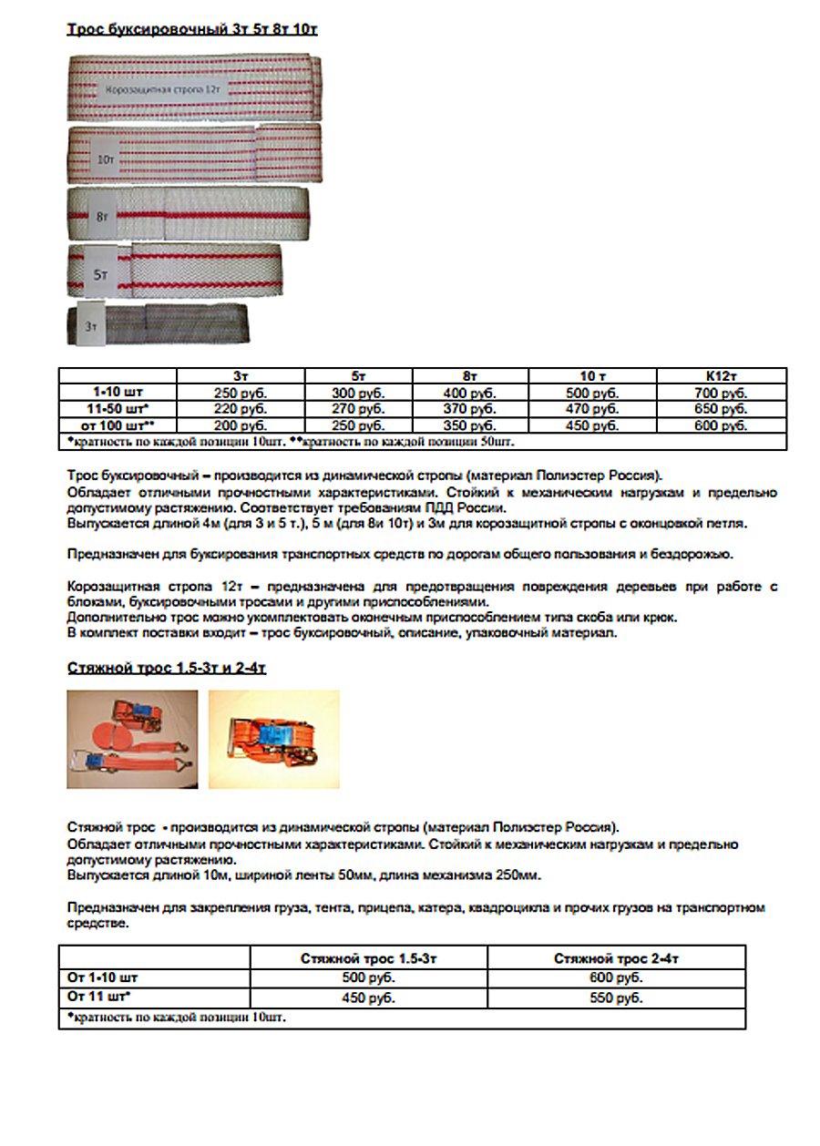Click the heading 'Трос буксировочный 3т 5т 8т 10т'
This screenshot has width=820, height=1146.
tap(192, 30)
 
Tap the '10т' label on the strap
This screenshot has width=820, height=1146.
tap(107, 159)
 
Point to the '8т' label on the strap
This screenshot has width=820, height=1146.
tap(100, 217)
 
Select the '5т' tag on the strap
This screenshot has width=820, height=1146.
tap(102, 272)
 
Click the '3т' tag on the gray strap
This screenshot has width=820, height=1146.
tap(90, 325)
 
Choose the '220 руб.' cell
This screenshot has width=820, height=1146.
tap(241, 409)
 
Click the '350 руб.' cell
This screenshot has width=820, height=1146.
tap(470, 425)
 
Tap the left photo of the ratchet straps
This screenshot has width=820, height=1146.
tap(132, 739)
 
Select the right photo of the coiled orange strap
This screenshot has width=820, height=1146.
tap(273, 739)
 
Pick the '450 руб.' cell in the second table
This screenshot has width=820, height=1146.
tap(369, 998)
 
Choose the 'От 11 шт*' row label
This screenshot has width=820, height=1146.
tap(99, 998)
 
